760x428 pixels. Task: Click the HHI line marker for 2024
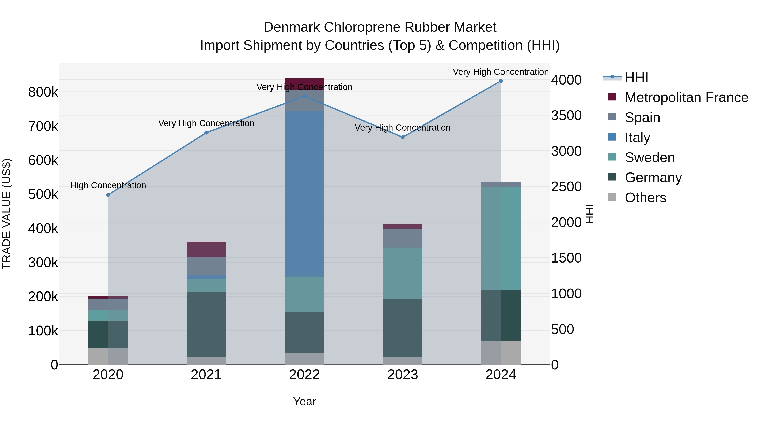pyautogui.click(x=501, y=81)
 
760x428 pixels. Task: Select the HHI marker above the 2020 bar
pyautogui.click(x=108, y=195)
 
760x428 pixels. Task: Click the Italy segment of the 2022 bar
pyautogui.click(x=304, y=193)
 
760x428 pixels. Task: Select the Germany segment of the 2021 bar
pyautogui.click(x=206, y=324)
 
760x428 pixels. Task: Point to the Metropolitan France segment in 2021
pyautogui.click(x=206, y=249)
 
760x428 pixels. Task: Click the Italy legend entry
pyautogui.click(x=637, y=138)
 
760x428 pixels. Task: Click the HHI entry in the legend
pyautogui.click(x=636, y=77)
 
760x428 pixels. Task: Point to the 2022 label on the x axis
pyautogui.click(x=304, y=375)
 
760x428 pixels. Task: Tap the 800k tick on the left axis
pyautogui.click(x=43, y=92)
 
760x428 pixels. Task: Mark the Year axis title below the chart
pyautogui.click(x=304, y=401)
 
